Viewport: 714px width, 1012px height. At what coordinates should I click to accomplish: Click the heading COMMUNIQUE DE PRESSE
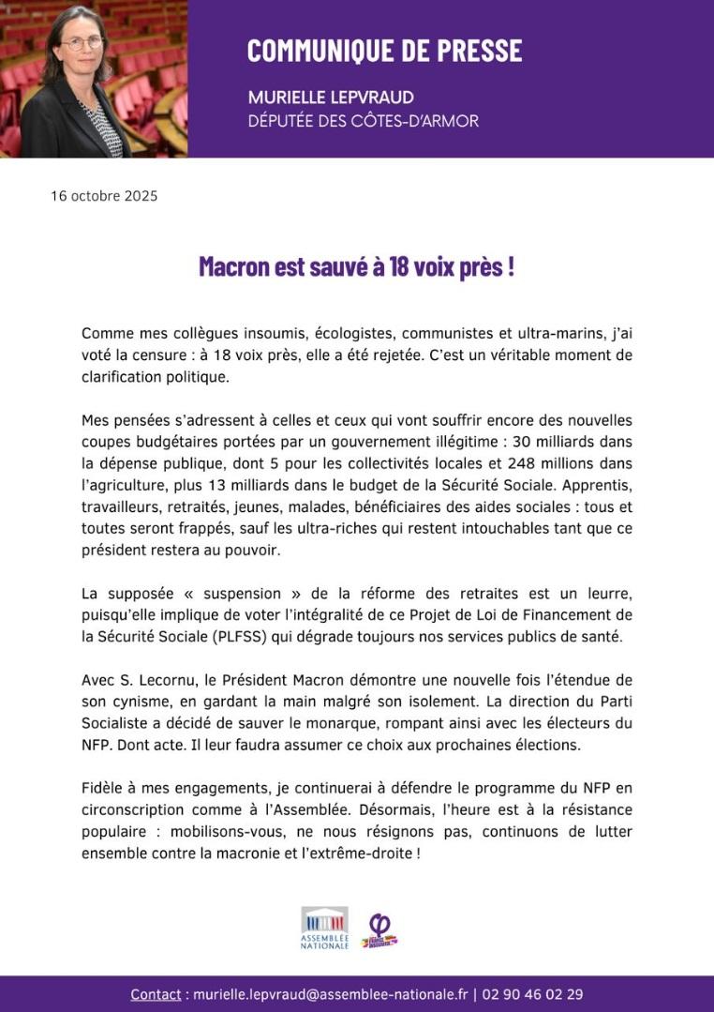384,51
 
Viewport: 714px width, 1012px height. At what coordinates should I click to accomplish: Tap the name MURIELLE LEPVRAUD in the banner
331,98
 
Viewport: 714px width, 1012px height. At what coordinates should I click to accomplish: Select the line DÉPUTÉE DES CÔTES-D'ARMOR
363,121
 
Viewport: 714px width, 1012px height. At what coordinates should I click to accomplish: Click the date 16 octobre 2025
104,196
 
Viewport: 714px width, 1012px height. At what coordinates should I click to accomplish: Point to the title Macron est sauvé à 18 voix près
356,266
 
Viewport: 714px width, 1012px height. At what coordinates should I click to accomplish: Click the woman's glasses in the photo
82,43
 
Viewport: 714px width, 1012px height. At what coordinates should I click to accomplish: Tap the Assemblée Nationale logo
324,928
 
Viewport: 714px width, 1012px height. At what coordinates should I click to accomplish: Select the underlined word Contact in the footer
156,994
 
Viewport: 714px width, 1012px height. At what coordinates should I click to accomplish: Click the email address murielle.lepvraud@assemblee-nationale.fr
330,994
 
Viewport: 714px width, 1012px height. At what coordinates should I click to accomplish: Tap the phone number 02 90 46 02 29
531,994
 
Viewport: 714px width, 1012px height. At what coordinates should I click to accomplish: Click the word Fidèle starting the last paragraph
102,787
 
